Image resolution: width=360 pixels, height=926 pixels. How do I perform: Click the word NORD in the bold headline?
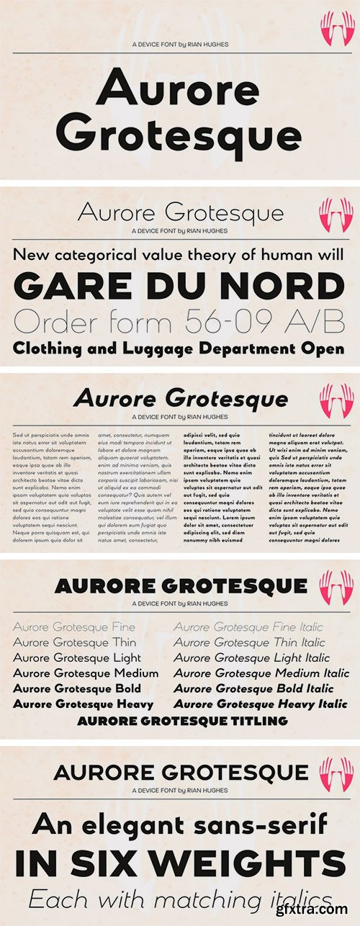click(x=282, y=287)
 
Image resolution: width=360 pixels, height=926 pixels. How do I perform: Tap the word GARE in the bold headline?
click(x=62, y=287)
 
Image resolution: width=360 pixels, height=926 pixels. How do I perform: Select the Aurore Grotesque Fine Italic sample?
click(x=248, y=627)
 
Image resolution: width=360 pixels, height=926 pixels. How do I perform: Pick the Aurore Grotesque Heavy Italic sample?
click(x=261, y=704)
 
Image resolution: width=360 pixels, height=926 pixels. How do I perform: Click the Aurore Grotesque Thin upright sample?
click(x=74, y=642)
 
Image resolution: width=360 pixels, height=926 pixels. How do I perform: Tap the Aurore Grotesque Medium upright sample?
click(x=86, y=673)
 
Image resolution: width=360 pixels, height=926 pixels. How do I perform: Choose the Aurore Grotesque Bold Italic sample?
click(x=254, y=689)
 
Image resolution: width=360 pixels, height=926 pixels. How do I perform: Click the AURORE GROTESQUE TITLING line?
click(x=183, y=721)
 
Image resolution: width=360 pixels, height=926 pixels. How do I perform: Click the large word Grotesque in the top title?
click(x=179, y=134)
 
